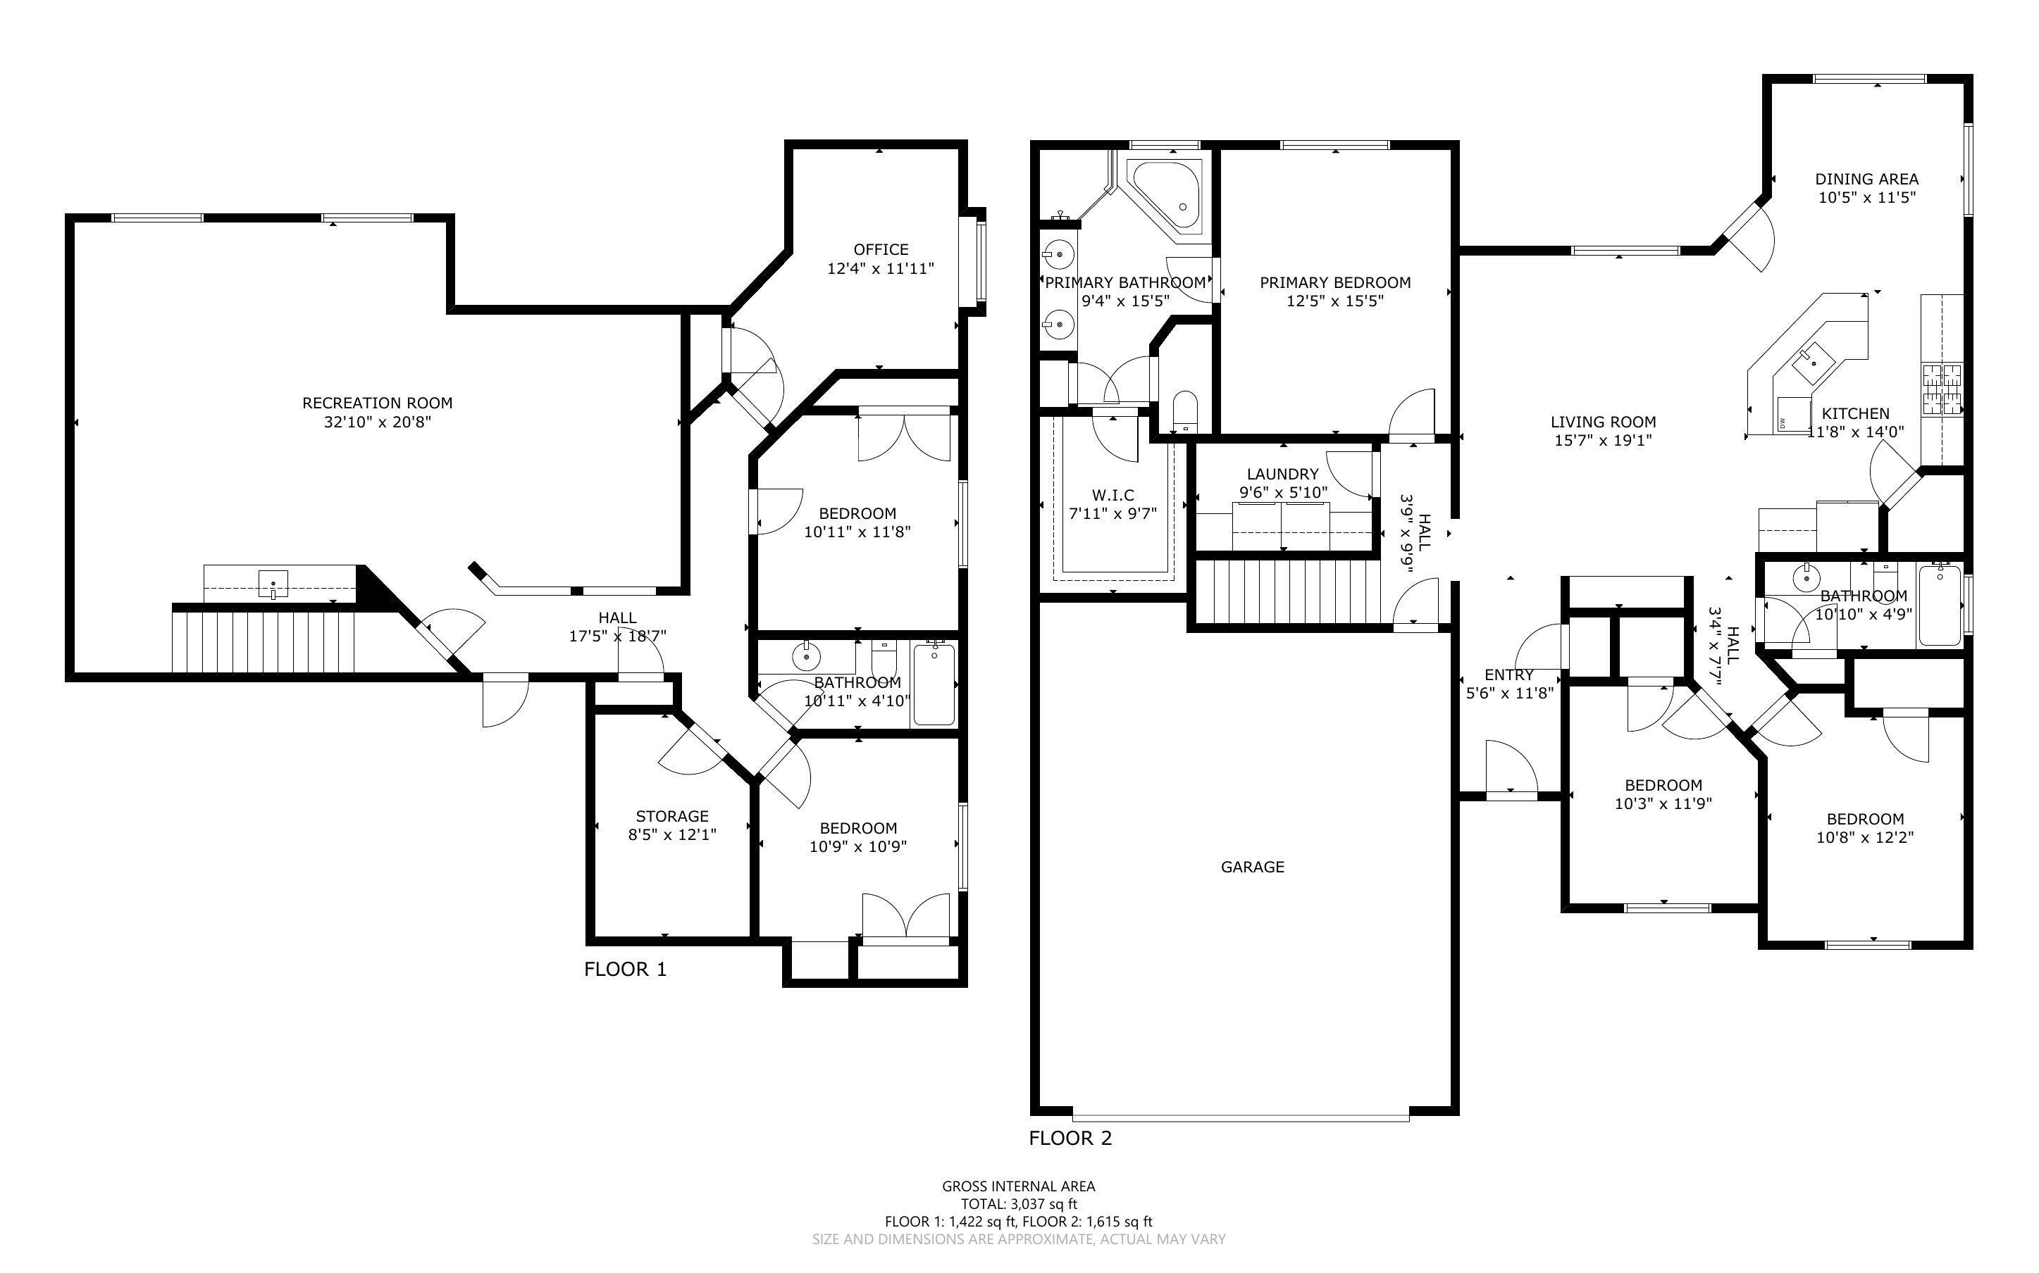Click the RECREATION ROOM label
378,403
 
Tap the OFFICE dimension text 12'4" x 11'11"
880,268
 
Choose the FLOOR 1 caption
625,969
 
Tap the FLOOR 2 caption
1070,1139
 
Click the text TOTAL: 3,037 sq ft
1018,1204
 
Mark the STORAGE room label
672,816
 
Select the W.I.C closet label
1113,495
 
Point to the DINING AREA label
1866,179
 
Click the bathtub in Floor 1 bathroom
934,684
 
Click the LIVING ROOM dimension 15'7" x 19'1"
1603,440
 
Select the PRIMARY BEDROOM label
1335,282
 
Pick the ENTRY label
1508,675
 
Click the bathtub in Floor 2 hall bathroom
1939,606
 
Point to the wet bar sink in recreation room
273,584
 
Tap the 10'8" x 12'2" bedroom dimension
1865,838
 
